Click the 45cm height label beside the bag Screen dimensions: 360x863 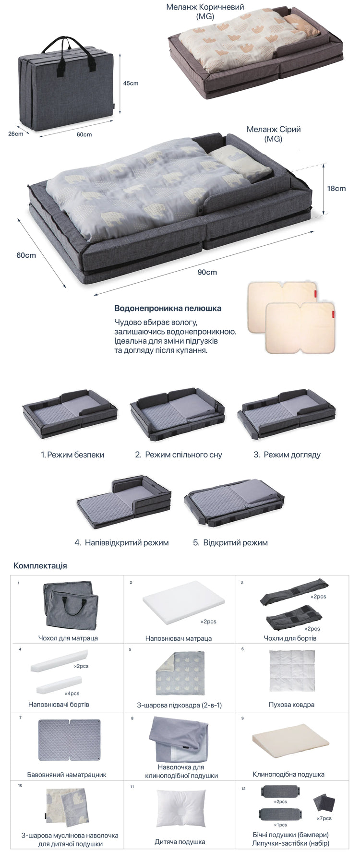pos(131,83)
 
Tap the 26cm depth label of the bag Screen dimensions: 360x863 pos(16,133)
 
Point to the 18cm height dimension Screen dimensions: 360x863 pos(336,188)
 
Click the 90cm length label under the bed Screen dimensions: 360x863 pos(207,272)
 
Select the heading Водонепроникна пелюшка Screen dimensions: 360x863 pos(168,308)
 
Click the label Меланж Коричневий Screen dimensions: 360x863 pos(205,7)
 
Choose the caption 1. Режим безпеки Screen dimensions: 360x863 pos(72,455)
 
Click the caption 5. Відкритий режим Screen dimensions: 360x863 pos(230,542)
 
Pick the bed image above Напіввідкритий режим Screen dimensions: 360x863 pos(124,502)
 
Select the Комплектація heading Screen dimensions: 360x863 pos(40,565)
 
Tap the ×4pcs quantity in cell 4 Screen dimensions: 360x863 pos(72,693)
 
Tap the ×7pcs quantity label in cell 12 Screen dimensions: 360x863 pos(324,818)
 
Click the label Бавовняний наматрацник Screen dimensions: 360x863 pos(67,774)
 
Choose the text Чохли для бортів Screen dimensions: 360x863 pos(290,638)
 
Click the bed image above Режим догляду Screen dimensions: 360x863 pos(287,413)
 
